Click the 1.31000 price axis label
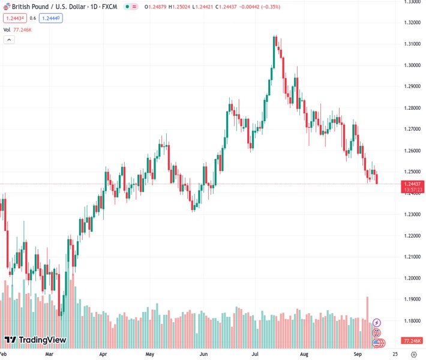click(x=412, y=44)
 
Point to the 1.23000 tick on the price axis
click(x=412, y=214)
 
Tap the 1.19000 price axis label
click(x=412, y=299)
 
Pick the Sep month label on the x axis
click(x=358, y=354)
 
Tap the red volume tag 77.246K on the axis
click(x=412, y=341)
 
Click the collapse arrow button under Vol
click(x=9, y=40)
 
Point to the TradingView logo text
click(x=35, y=340)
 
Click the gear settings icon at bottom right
click(x=413, y=354)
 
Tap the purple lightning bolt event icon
click(x=377, y=323)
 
